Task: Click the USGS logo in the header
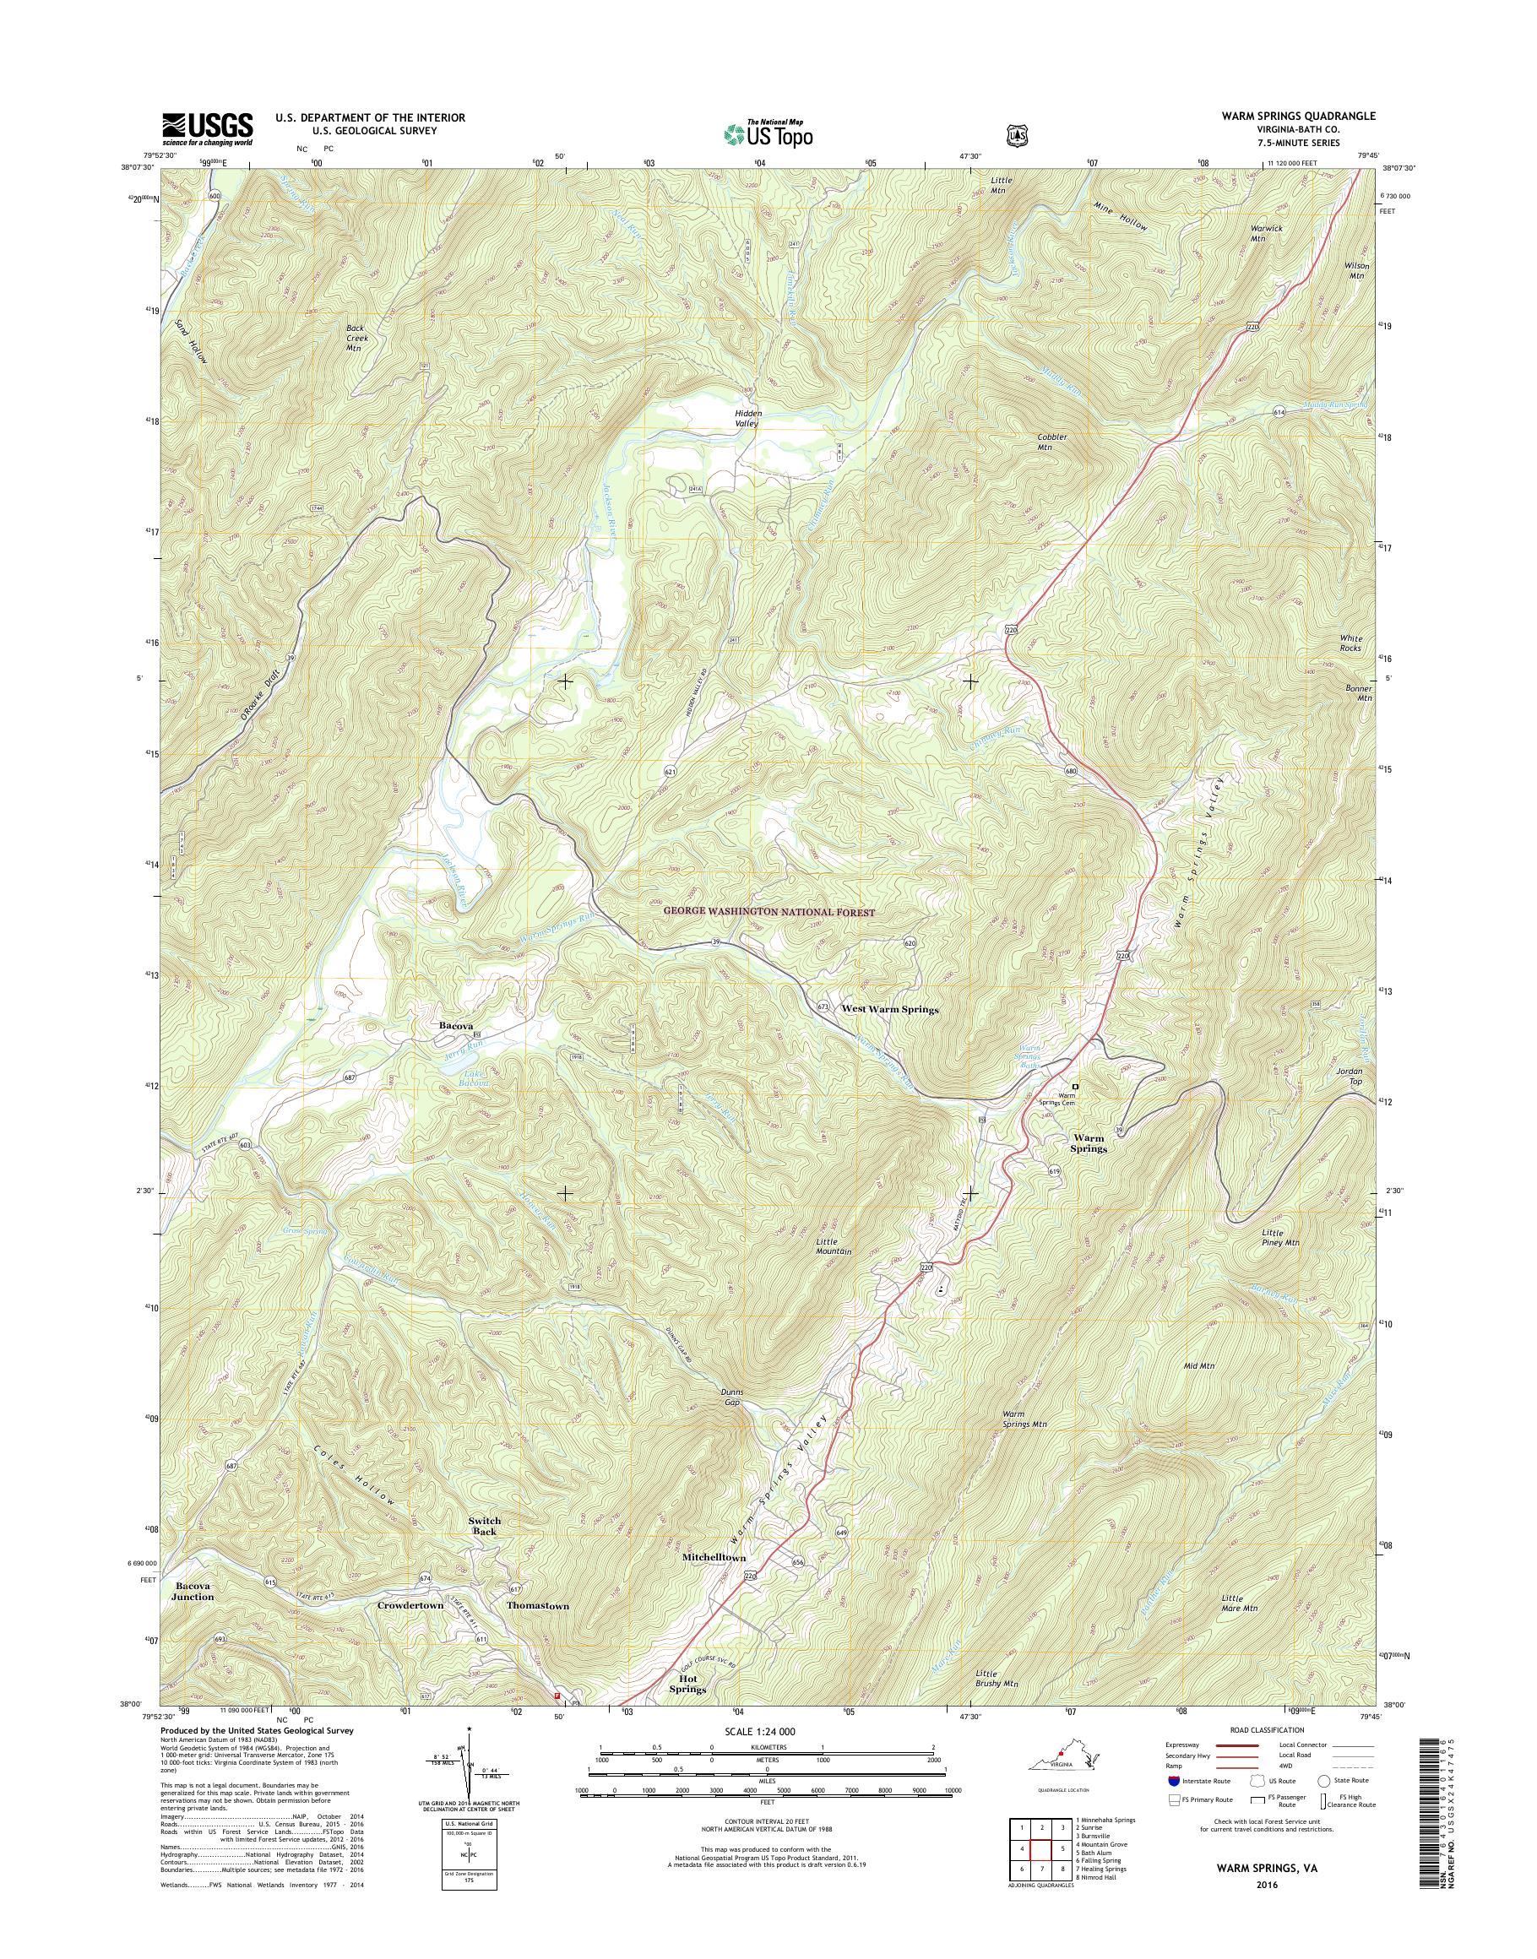point(207,129)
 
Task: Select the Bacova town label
point(456,1025)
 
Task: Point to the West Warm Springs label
point(889,1010)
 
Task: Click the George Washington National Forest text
point(768,913)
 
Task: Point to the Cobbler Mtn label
point(1051,442)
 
